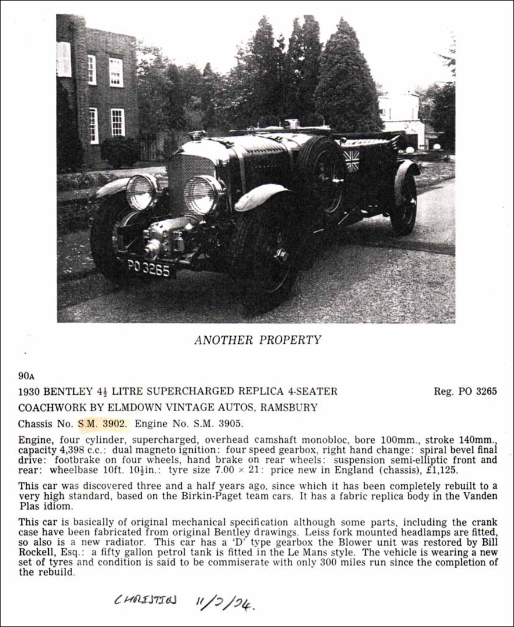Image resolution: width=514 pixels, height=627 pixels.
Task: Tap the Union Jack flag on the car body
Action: coord(351,160)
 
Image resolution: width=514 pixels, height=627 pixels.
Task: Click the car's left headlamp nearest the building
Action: coord(141,192)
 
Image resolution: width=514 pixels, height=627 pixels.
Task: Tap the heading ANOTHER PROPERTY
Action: coord(257,340)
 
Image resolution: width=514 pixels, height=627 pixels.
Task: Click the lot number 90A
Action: coord(27,376)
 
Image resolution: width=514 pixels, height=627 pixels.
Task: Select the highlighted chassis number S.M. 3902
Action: coord(103,424)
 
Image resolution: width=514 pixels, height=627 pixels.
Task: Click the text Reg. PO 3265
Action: coord(465,391)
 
